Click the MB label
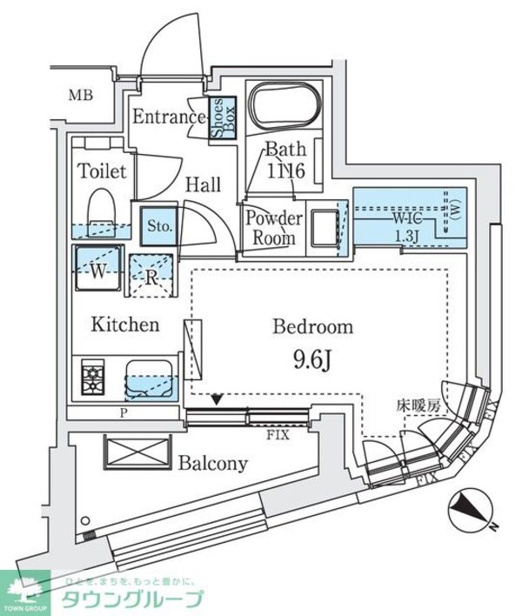tap(82, 96)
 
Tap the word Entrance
tap(168, 117)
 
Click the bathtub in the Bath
tap(283, 110)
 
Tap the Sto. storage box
tap(157, 225)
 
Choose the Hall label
tap(202, 184)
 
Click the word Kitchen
tap(126, 325)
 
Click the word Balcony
tap(213, 463)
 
